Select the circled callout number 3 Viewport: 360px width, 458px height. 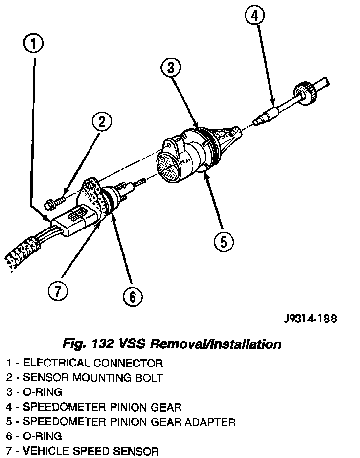click(171, 69)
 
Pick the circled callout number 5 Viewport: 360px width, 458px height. click(223, 241)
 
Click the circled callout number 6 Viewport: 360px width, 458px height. click(132, 295)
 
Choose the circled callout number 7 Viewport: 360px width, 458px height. click(57, 291)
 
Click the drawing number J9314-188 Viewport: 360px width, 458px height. click(310, 319)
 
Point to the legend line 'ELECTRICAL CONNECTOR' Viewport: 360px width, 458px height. click(93, 363)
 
